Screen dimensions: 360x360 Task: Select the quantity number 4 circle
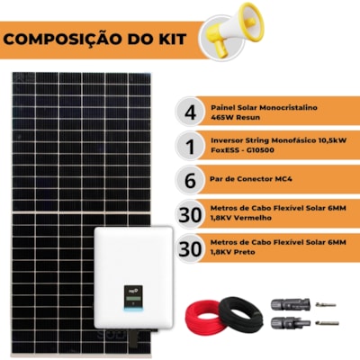point(190,112)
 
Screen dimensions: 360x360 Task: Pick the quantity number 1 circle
point(190,146)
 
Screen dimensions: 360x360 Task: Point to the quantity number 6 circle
point(190,180)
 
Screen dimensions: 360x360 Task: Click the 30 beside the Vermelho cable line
point(190,214)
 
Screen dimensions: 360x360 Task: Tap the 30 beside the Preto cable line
point(190,248)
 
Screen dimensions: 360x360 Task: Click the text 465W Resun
point(235,117)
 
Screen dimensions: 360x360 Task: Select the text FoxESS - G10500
point(242,150)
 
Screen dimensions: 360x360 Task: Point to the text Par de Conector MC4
point(251,179)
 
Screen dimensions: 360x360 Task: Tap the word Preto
point(244,252)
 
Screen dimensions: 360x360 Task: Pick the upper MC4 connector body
point(290,304)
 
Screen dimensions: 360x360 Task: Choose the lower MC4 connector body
point(290,322)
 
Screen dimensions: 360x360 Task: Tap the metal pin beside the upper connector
point(326,305)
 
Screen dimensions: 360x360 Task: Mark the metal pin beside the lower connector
point(327,323)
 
